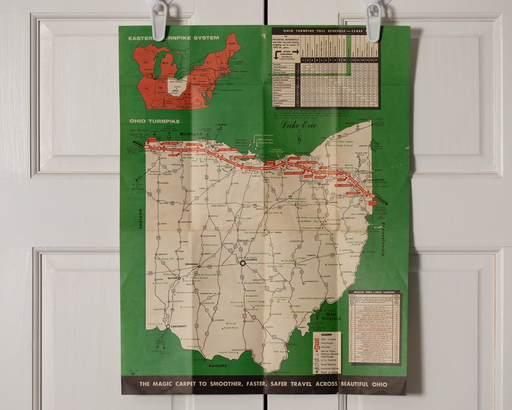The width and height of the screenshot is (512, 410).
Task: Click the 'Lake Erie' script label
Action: [x=298, y=125]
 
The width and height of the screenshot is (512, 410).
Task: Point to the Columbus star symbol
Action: [x=243, y=262]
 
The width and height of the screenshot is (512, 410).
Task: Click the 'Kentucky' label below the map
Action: [x=218, y=365]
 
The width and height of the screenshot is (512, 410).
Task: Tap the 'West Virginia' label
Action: [x=330, y=316]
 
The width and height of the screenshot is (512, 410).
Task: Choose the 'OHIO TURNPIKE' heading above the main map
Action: [x=155, y=121]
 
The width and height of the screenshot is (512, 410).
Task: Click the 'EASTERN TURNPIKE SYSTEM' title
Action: [x=174, y=38]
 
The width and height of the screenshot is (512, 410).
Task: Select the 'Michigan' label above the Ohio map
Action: [x=191, y=134]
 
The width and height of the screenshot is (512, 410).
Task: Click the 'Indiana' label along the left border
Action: [x=141, y=219]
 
